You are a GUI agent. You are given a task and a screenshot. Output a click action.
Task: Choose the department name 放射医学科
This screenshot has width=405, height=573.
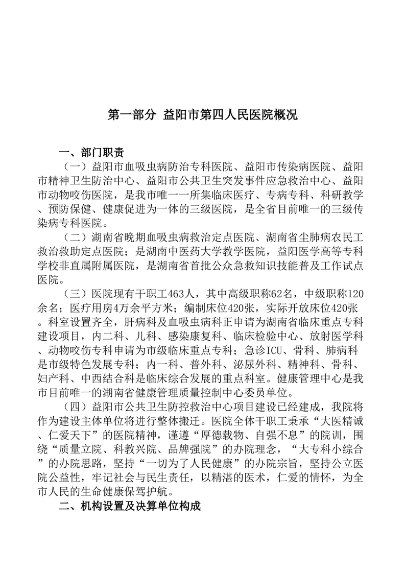(x=338, y=337)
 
